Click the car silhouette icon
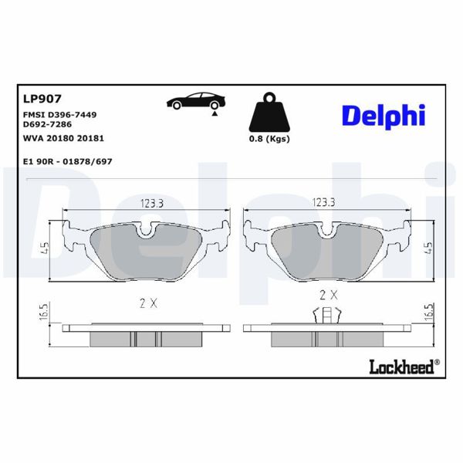coord(196,101)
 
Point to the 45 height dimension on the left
coord(46,248)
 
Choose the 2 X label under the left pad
coord(149,303)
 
